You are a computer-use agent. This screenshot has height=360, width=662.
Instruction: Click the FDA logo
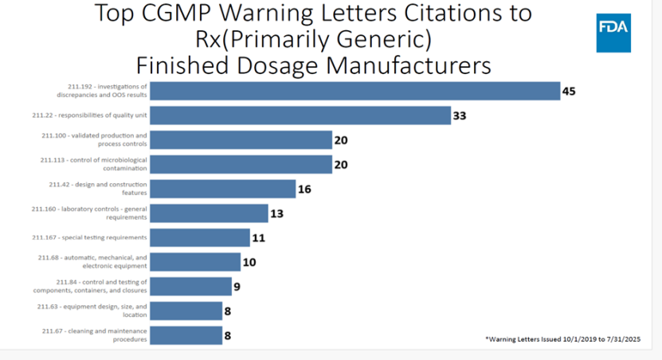tap(613, 33)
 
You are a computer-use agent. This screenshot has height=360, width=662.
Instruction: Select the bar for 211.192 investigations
tap(355, 91)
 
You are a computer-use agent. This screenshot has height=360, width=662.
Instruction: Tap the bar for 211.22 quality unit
tap(300, 115)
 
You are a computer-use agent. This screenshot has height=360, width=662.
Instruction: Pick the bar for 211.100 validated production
tap(241, 140)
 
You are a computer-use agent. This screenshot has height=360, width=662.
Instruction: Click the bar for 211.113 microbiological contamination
tap(241, 164)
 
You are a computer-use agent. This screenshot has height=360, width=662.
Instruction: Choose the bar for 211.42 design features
tap(222, 189)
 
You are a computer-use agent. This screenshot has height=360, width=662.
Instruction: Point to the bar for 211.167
tap(199, 237)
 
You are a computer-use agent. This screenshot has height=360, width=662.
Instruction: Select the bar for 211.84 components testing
tap(190, 286)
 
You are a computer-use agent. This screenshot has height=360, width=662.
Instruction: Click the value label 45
tap(569, 91)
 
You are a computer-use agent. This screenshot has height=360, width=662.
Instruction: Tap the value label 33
tap(459, 115)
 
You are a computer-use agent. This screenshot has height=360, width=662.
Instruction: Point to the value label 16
tap(304, 189)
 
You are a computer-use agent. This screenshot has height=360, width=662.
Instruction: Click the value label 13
tap(277, 213)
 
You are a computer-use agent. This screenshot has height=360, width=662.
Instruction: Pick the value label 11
tap(257, 237)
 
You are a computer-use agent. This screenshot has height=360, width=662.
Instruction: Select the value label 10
tap(249, 262)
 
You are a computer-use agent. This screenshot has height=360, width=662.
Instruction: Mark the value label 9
tap(237, 286)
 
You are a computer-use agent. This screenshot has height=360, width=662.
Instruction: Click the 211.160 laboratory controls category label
tap(89, 213)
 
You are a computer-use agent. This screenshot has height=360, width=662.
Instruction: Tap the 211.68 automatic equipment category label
tap(92, 261)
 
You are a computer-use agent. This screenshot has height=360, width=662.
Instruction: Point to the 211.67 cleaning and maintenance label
tap(94, 335)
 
